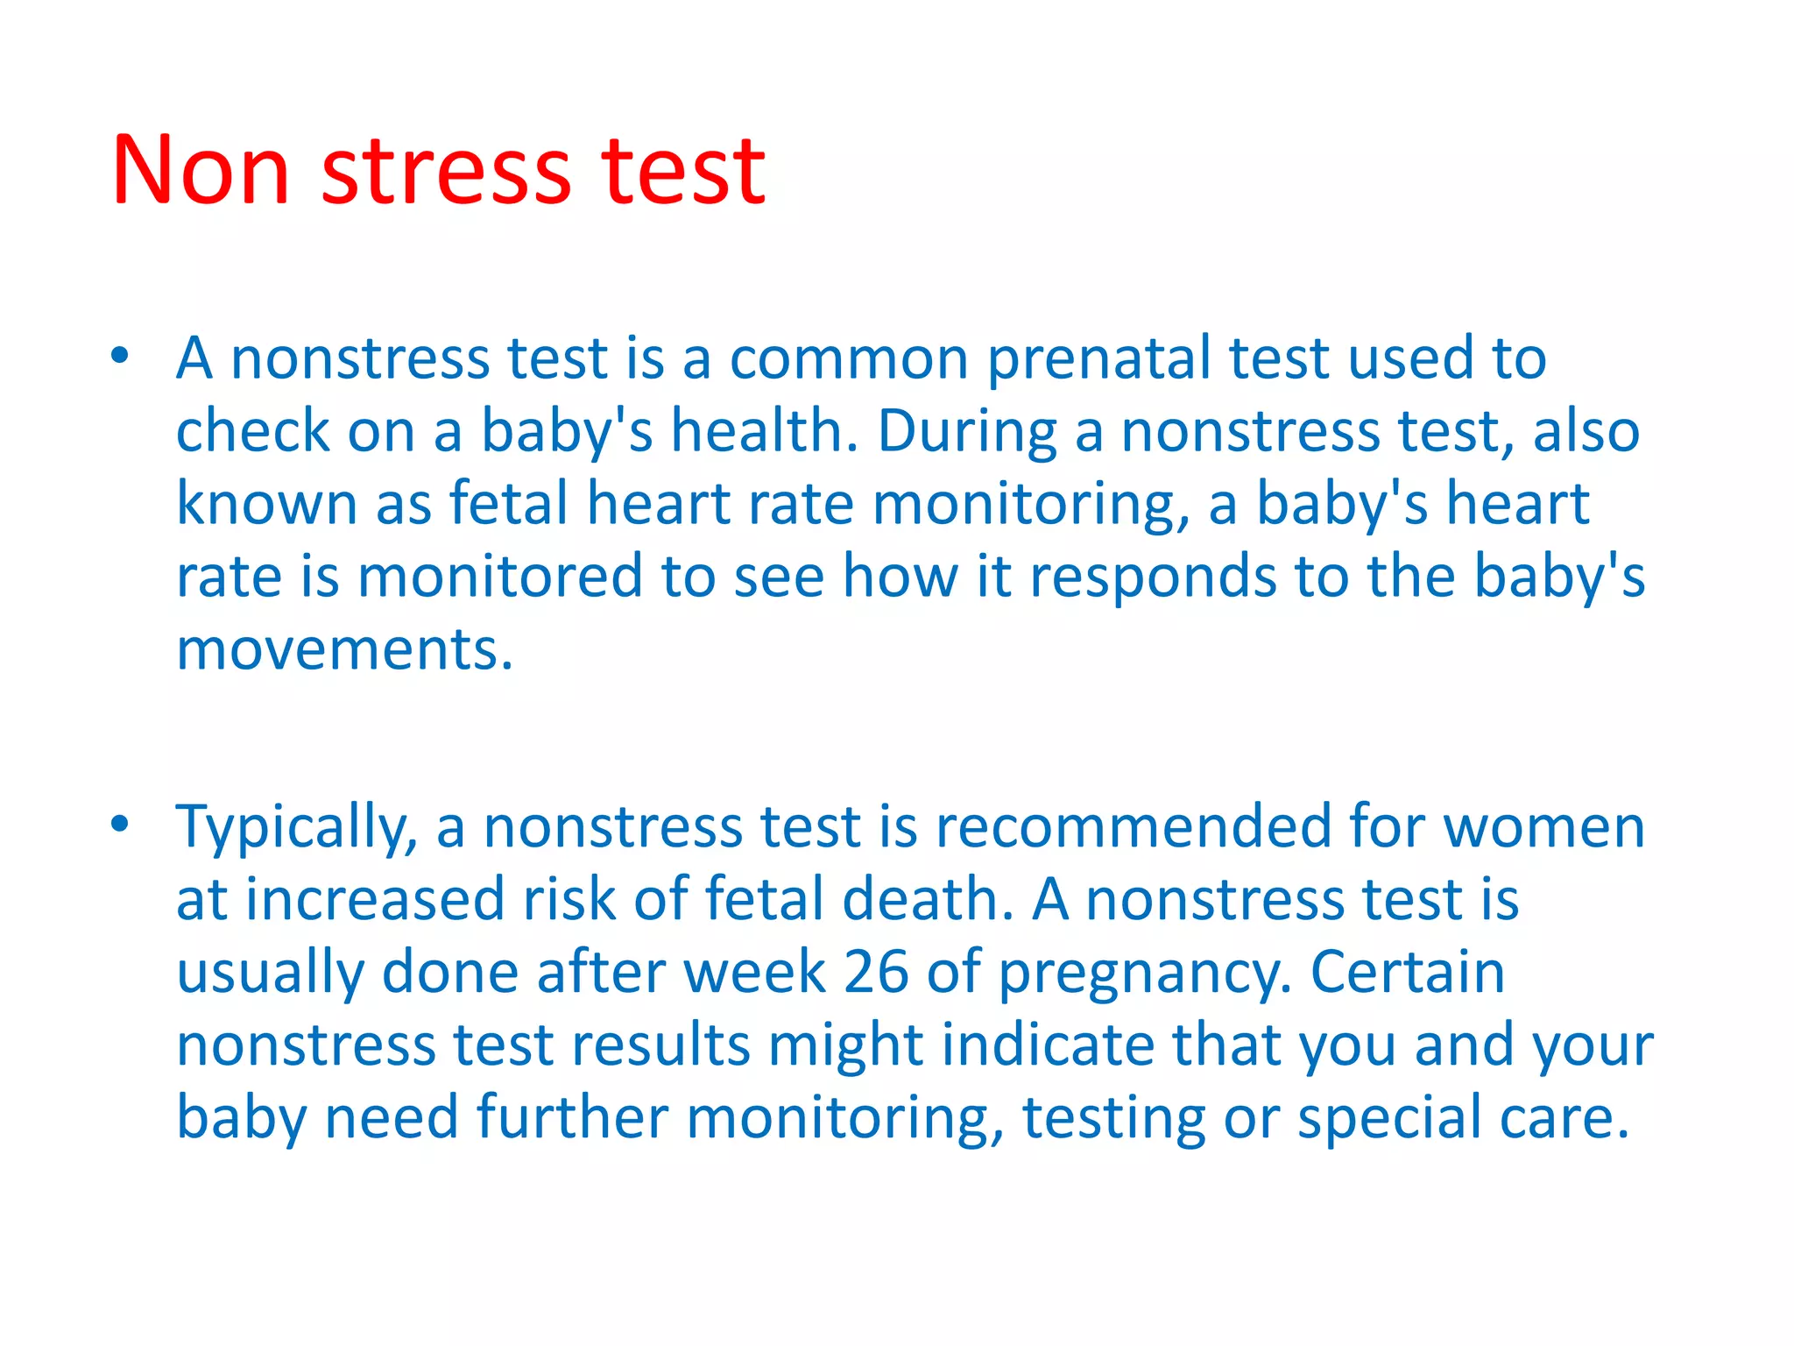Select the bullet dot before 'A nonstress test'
click(120, 356)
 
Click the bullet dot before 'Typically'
click(120, 824)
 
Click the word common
click(849, 359)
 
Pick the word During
click(967, 432)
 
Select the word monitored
click(500, 577)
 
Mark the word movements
click(344, 649)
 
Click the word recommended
click(1134, 826)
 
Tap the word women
click(1544, 826)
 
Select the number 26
click(876, 972)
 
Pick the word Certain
click(1408, 972)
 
